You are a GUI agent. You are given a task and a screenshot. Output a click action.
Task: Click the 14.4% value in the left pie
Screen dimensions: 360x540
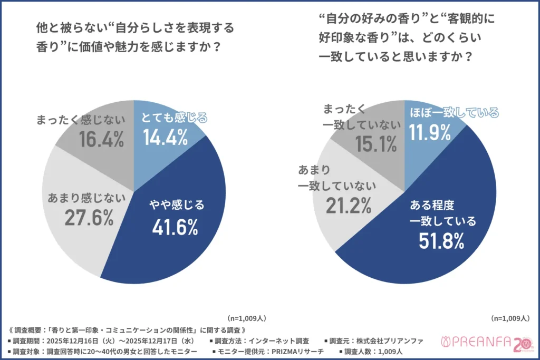[166, 138]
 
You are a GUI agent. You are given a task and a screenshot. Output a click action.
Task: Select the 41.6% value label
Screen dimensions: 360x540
[175, 227]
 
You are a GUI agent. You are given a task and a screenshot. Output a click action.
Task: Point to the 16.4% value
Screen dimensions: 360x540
[101, 139]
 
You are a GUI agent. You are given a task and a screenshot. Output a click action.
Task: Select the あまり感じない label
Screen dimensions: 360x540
[87, 198]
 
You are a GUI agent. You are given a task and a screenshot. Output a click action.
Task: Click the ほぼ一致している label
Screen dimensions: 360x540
[454, 112]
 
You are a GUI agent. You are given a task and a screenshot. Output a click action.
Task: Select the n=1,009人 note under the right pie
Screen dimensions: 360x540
[510, 318]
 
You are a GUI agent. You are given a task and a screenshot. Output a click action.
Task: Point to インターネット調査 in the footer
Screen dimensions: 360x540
[278, 340]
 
